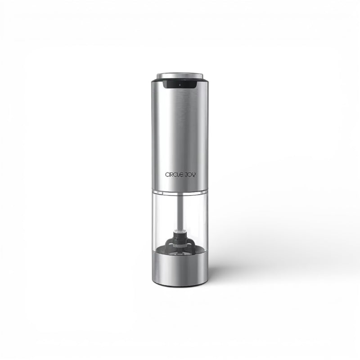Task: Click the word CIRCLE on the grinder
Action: (x=174, y=175)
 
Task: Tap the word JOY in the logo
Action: (x=190, y=175)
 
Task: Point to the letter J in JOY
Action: (x=186, y=175)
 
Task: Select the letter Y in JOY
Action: (x=193, y=175)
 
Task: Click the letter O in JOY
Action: (x=189, y=175)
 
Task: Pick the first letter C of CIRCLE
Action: (x=167, y=175)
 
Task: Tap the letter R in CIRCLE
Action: (x=171, y=175)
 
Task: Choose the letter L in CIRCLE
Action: (x=178, y=175)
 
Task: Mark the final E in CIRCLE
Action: (x=182, y=175)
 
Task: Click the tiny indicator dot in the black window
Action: (x=180, y=85)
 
